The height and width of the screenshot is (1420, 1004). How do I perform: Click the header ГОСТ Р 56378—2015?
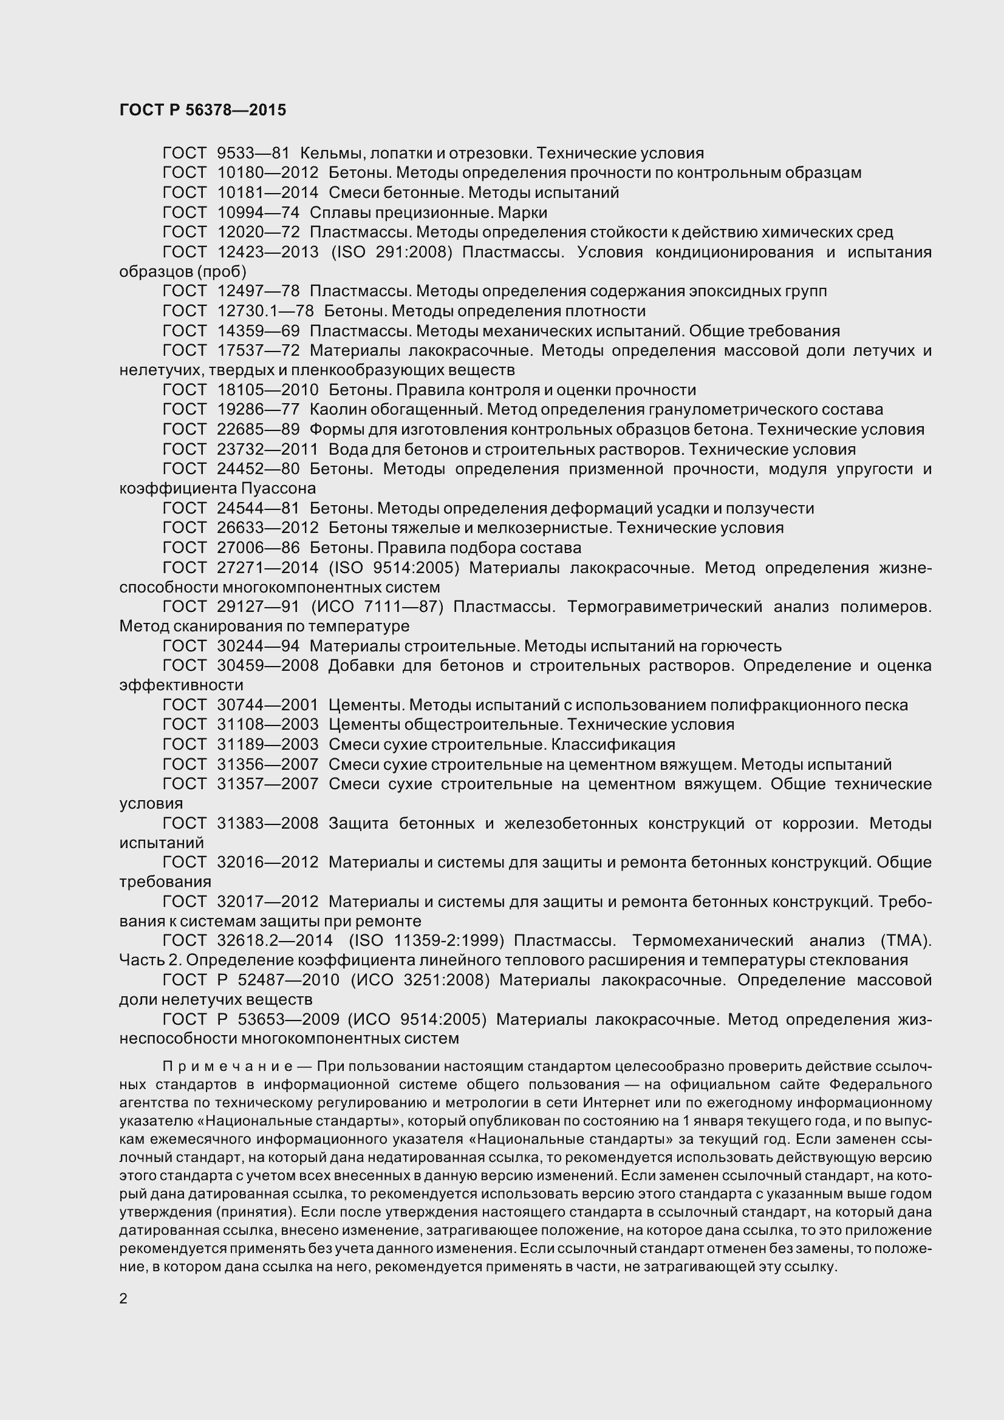tap(202, 110)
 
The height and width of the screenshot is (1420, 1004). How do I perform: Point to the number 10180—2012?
tap(267, 173)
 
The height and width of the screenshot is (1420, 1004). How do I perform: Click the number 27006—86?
tap(258, 548)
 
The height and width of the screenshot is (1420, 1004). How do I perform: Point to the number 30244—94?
tap(258, 647)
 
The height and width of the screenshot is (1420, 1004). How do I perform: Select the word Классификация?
tap(613, 744)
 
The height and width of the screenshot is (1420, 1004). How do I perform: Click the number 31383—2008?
tap(267, 823)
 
